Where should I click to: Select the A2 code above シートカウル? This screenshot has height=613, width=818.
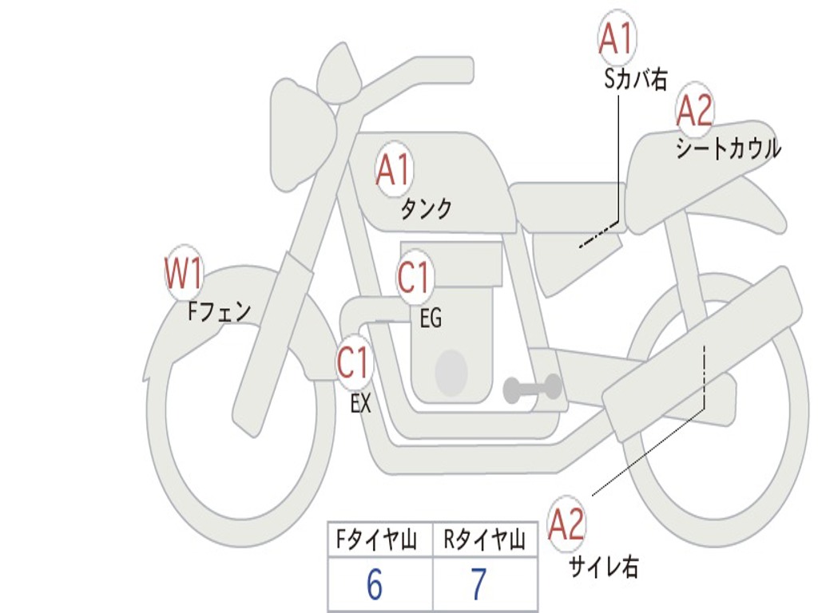694,111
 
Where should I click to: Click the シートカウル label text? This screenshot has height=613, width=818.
728,149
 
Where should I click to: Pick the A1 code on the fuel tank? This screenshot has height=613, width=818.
394,170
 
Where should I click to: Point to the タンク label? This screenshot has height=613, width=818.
426,209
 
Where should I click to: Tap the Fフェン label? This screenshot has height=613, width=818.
219,310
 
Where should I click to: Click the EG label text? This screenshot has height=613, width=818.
431,319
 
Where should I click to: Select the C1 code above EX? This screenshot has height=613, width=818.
353,363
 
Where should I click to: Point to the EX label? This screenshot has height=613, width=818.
361,404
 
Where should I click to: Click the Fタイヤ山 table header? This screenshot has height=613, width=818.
375,541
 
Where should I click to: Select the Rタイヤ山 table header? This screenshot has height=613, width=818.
484,541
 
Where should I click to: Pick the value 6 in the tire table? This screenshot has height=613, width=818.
374,585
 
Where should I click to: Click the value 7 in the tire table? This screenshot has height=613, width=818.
478,585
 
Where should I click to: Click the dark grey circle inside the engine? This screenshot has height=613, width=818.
451,372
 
